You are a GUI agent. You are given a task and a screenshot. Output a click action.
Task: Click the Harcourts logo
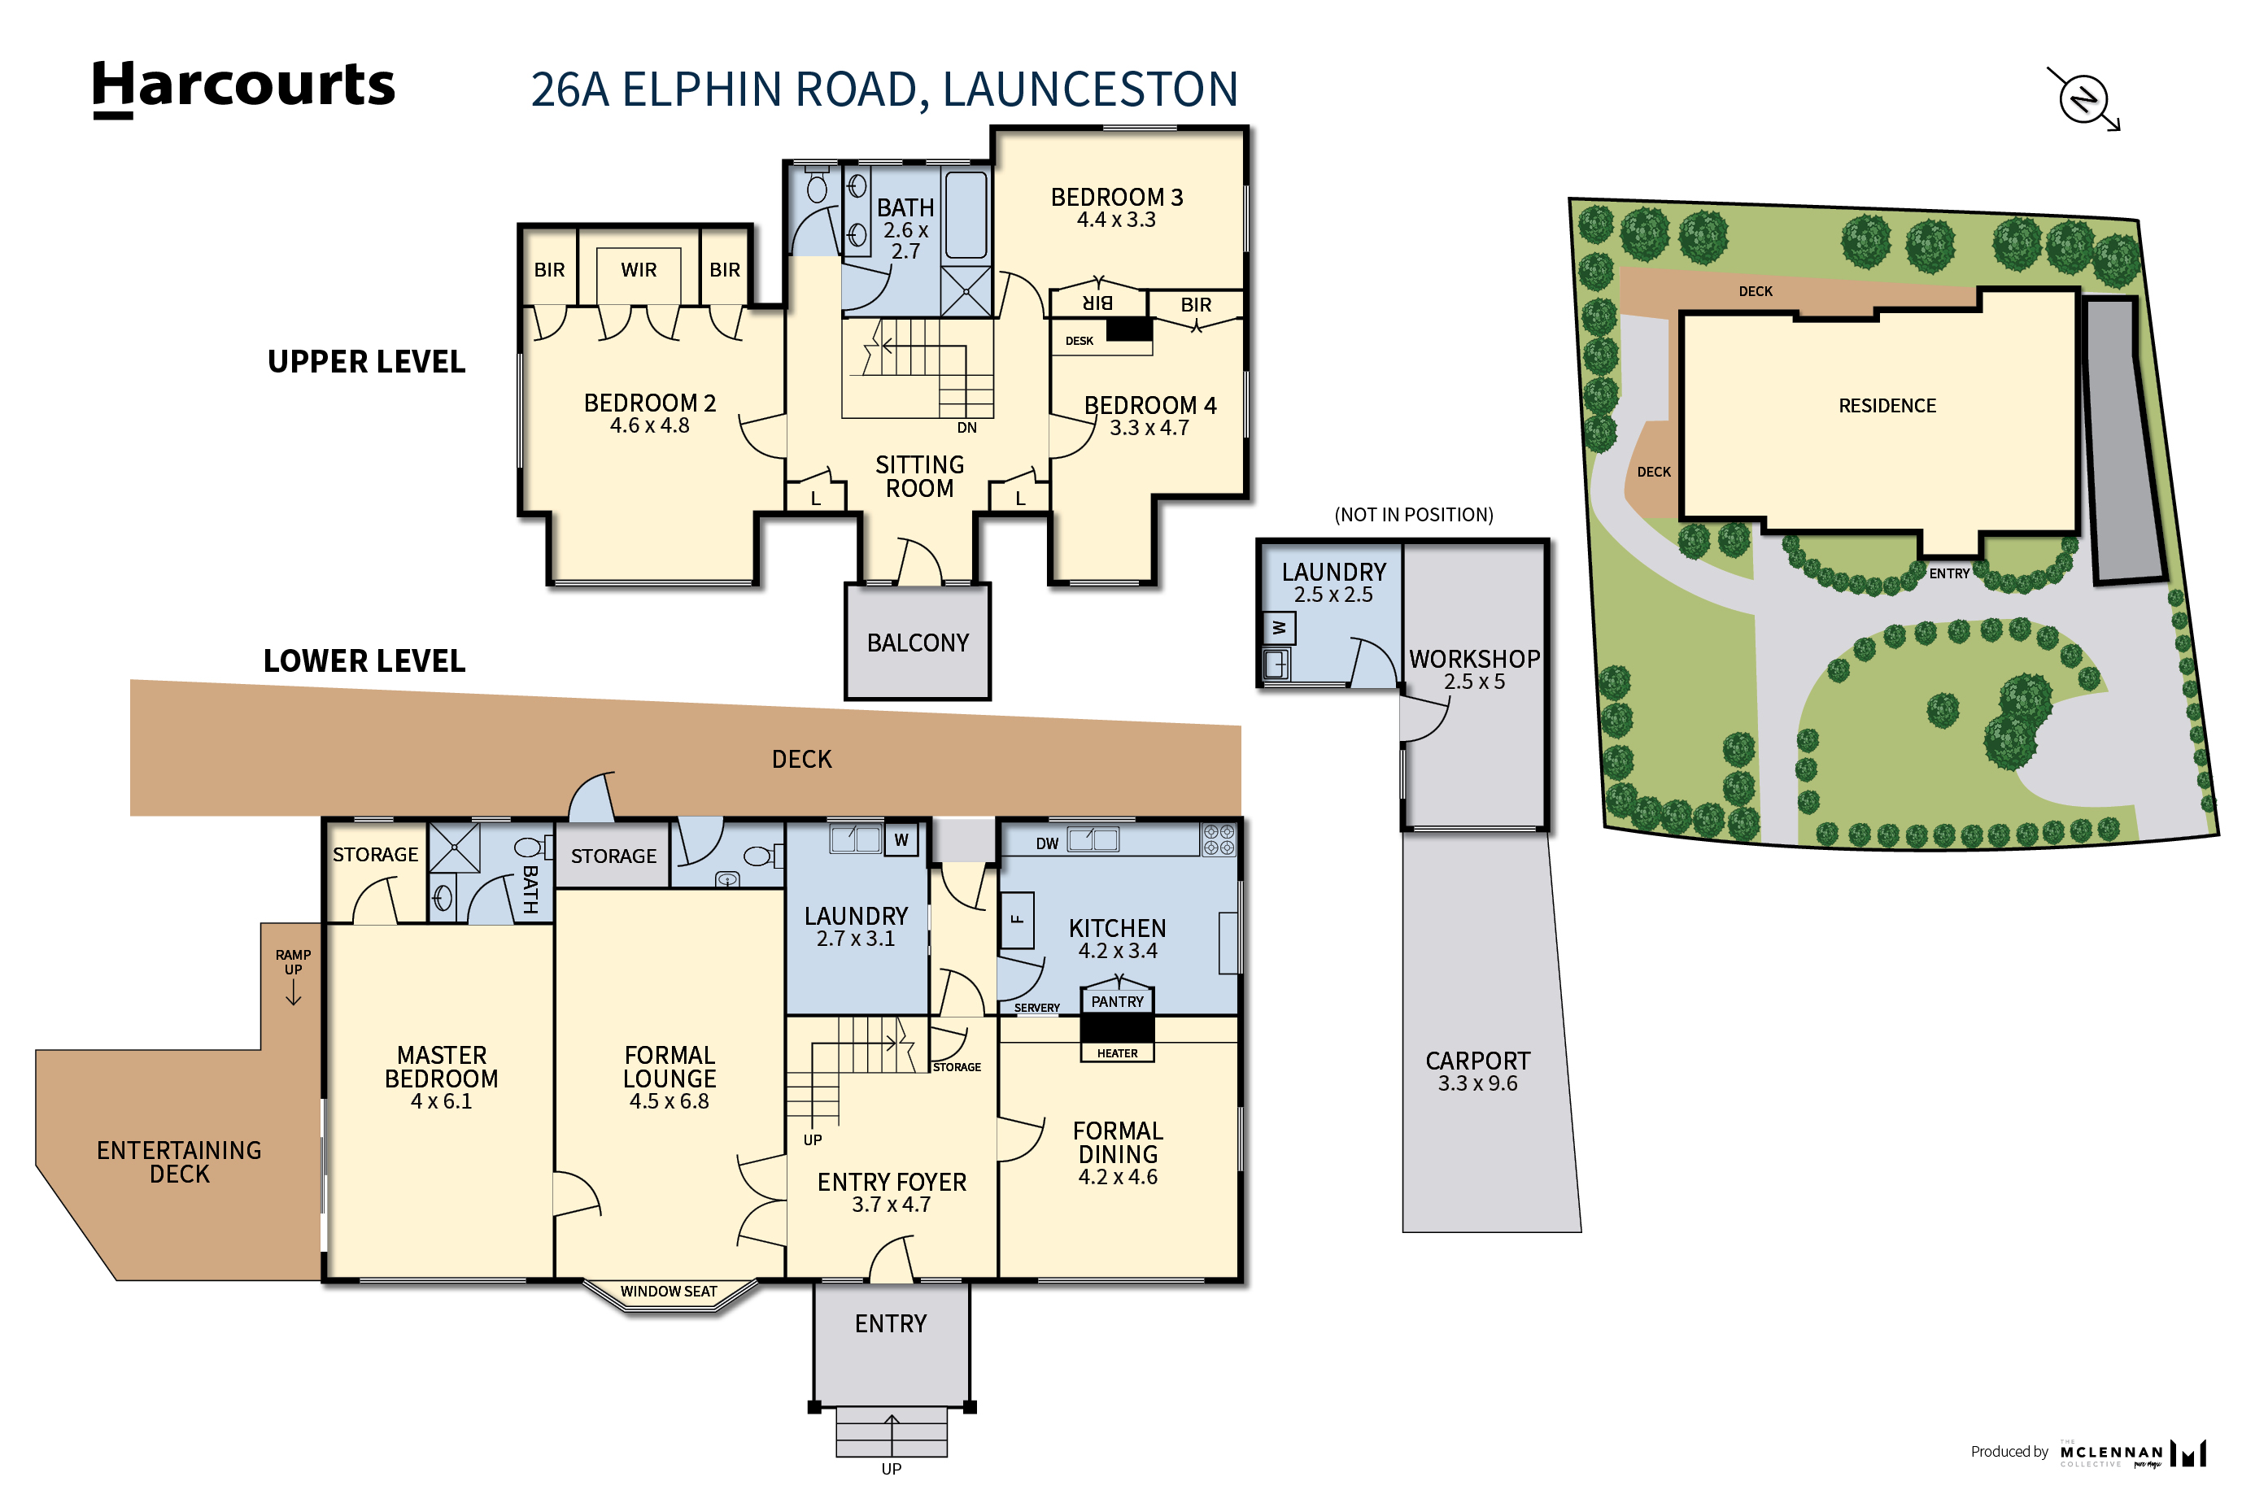pyautogui.click(x=243, y=87)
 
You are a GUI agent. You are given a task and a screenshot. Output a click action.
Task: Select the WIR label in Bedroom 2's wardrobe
pyautogui.click(x=638, y=271)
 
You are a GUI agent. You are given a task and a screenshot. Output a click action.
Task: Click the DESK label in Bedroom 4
pyautogui.click(x=1079, y=342)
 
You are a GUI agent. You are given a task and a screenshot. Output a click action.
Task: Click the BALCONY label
pyautogui.click(x=917, y=643)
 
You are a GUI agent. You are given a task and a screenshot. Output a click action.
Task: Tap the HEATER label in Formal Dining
pyautogui.click(x=1117, y=1053)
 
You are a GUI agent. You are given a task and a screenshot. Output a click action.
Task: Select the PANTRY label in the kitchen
pyautogui.click(x=1117, y=1002)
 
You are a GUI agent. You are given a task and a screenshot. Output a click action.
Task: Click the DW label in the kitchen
pyautogui.click(x=1047, y=844)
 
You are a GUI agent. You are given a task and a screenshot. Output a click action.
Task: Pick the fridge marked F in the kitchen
pyautogui.click(x=1017, y=920)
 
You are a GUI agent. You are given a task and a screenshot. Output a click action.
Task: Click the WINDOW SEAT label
pyautogui.click(x=669, y=1292)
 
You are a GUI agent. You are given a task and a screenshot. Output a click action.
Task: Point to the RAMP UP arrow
pyautogui.click(x=294, y=994)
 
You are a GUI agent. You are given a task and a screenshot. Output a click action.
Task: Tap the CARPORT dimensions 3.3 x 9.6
pyautogui.click(x=1477, y=1084)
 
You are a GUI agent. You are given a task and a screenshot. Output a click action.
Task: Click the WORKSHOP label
pyautogui.click(x=1474, y=660)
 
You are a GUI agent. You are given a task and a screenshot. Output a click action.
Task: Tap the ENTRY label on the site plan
pyautogui.click(x=1948, y=573)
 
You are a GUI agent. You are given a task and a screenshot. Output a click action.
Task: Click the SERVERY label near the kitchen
pyautogui.click(x=1036, y=1009)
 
